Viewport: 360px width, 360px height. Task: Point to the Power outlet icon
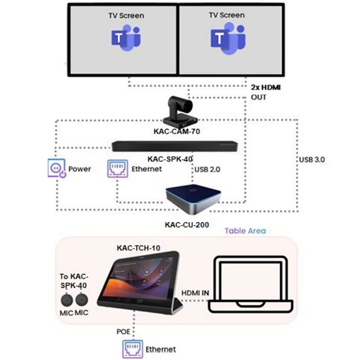tap(57, 168)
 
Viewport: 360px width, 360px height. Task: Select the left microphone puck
tap(67, 300)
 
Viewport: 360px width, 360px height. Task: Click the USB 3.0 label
tap(312, 160)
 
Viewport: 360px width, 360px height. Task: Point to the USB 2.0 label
tap(207, 170)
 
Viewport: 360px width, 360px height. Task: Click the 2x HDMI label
tap(265, 87)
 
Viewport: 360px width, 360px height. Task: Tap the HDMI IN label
tap(195, 293)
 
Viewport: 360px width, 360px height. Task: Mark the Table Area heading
tap(245, 231)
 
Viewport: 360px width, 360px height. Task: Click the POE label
tap(123, 332)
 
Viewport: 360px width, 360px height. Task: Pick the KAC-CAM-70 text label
tap(177, 131)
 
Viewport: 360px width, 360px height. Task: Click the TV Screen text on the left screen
tap(126, 15)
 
